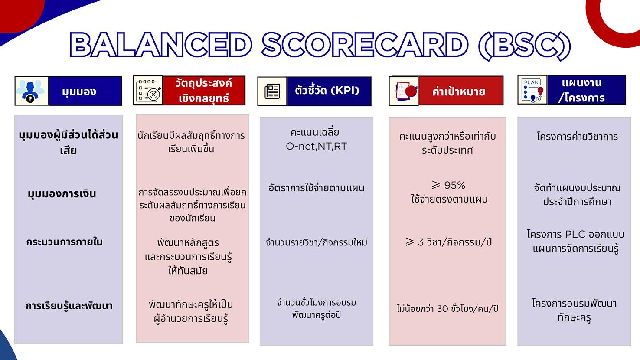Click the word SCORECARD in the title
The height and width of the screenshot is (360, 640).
coord(365,45)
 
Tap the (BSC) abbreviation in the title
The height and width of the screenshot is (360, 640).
coord(524,46)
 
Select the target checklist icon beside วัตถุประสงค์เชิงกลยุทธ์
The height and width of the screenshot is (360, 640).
coord(148,91)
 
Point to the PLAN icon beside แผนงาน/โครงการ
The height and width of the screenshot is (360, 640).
coord(532,90)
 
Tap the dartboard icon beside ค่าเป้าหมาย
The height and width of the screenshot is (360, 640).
coord(404,91)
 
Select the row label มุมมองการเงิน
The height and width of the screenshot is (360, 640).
coord(62,194)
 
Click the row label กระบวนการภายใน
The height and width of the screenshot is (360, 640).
coord(64,242)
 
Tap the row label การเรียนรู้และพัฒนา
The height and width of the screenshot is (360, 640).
coord(69,306)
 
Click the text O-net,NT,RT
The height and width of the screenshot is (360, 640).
coord(316,147)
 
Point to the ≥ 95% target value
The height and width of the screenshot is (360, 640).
coord(448,186)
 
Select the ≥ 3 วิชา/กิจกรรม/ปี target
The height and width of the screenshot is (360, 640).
coord(448,242)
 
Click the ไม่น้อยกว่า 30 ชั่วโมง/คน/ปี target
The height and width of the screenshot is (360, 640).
coord(447,308)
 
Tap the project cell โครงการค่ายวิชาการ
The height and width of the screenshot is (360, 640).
coord(577,137)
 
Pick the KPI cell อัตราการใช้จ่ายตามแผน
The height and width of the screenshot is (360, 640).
coord(316,188)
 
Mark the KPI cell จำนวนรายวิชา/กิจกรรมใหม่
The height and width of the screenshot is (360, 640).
coord(316,242)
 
